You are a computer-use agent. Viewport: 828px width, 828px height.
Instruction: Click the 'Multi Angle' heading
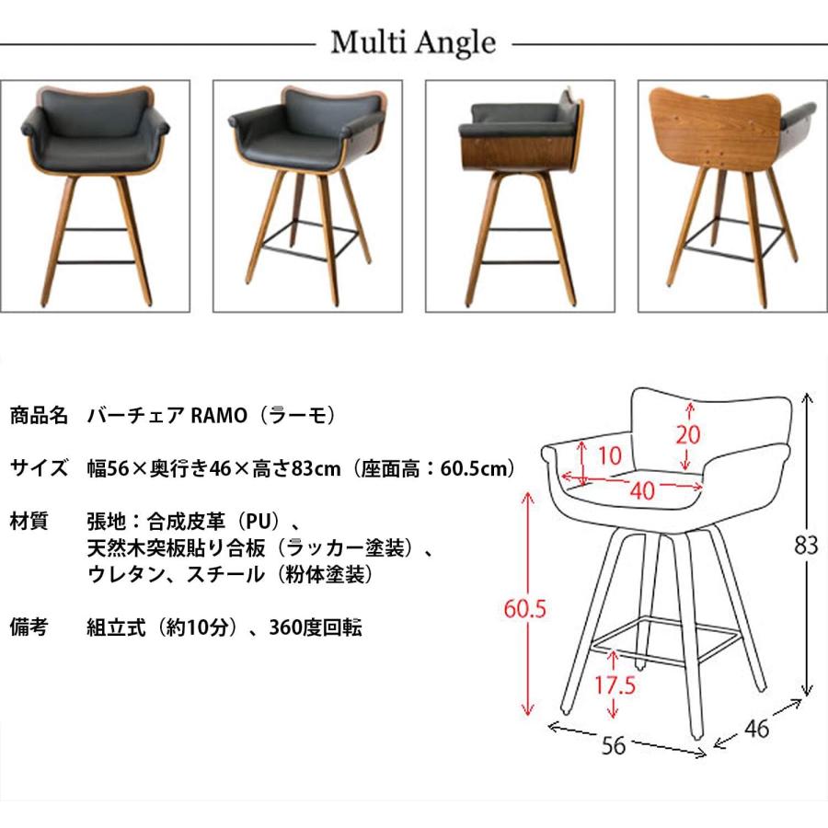[413, 41]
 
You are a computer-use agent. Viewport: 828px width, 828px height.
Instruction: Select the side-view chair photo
[520, 196]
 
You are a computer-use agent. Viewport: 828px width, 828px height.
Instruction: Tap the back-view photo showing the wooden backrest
[732, 196]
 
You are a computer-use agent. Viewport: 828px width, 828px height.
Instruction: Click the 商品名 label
[40, 415]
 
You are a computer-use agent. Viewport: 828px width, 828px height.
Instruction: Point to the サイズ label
[40, 468]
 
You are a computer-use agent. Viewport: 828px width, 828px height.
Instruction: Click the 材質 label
[29, 522]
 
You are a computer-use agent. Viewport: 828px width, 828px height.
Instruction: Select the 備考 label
[29, 628]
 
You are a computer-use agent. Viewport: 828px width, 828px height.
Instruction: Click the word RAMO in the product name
[219, 415]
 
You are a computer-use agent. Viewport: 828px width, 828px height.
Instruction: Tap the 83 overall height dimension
[806, 545]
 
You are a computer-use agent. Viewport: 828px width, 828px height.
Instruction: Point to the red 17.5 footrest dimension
[615, 685]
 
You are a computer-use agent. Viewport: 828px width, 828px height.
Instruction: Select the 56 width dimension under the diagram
[614, 746]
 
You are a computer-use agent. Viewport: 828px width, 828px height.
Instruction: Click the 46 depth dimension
[756, 730]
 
